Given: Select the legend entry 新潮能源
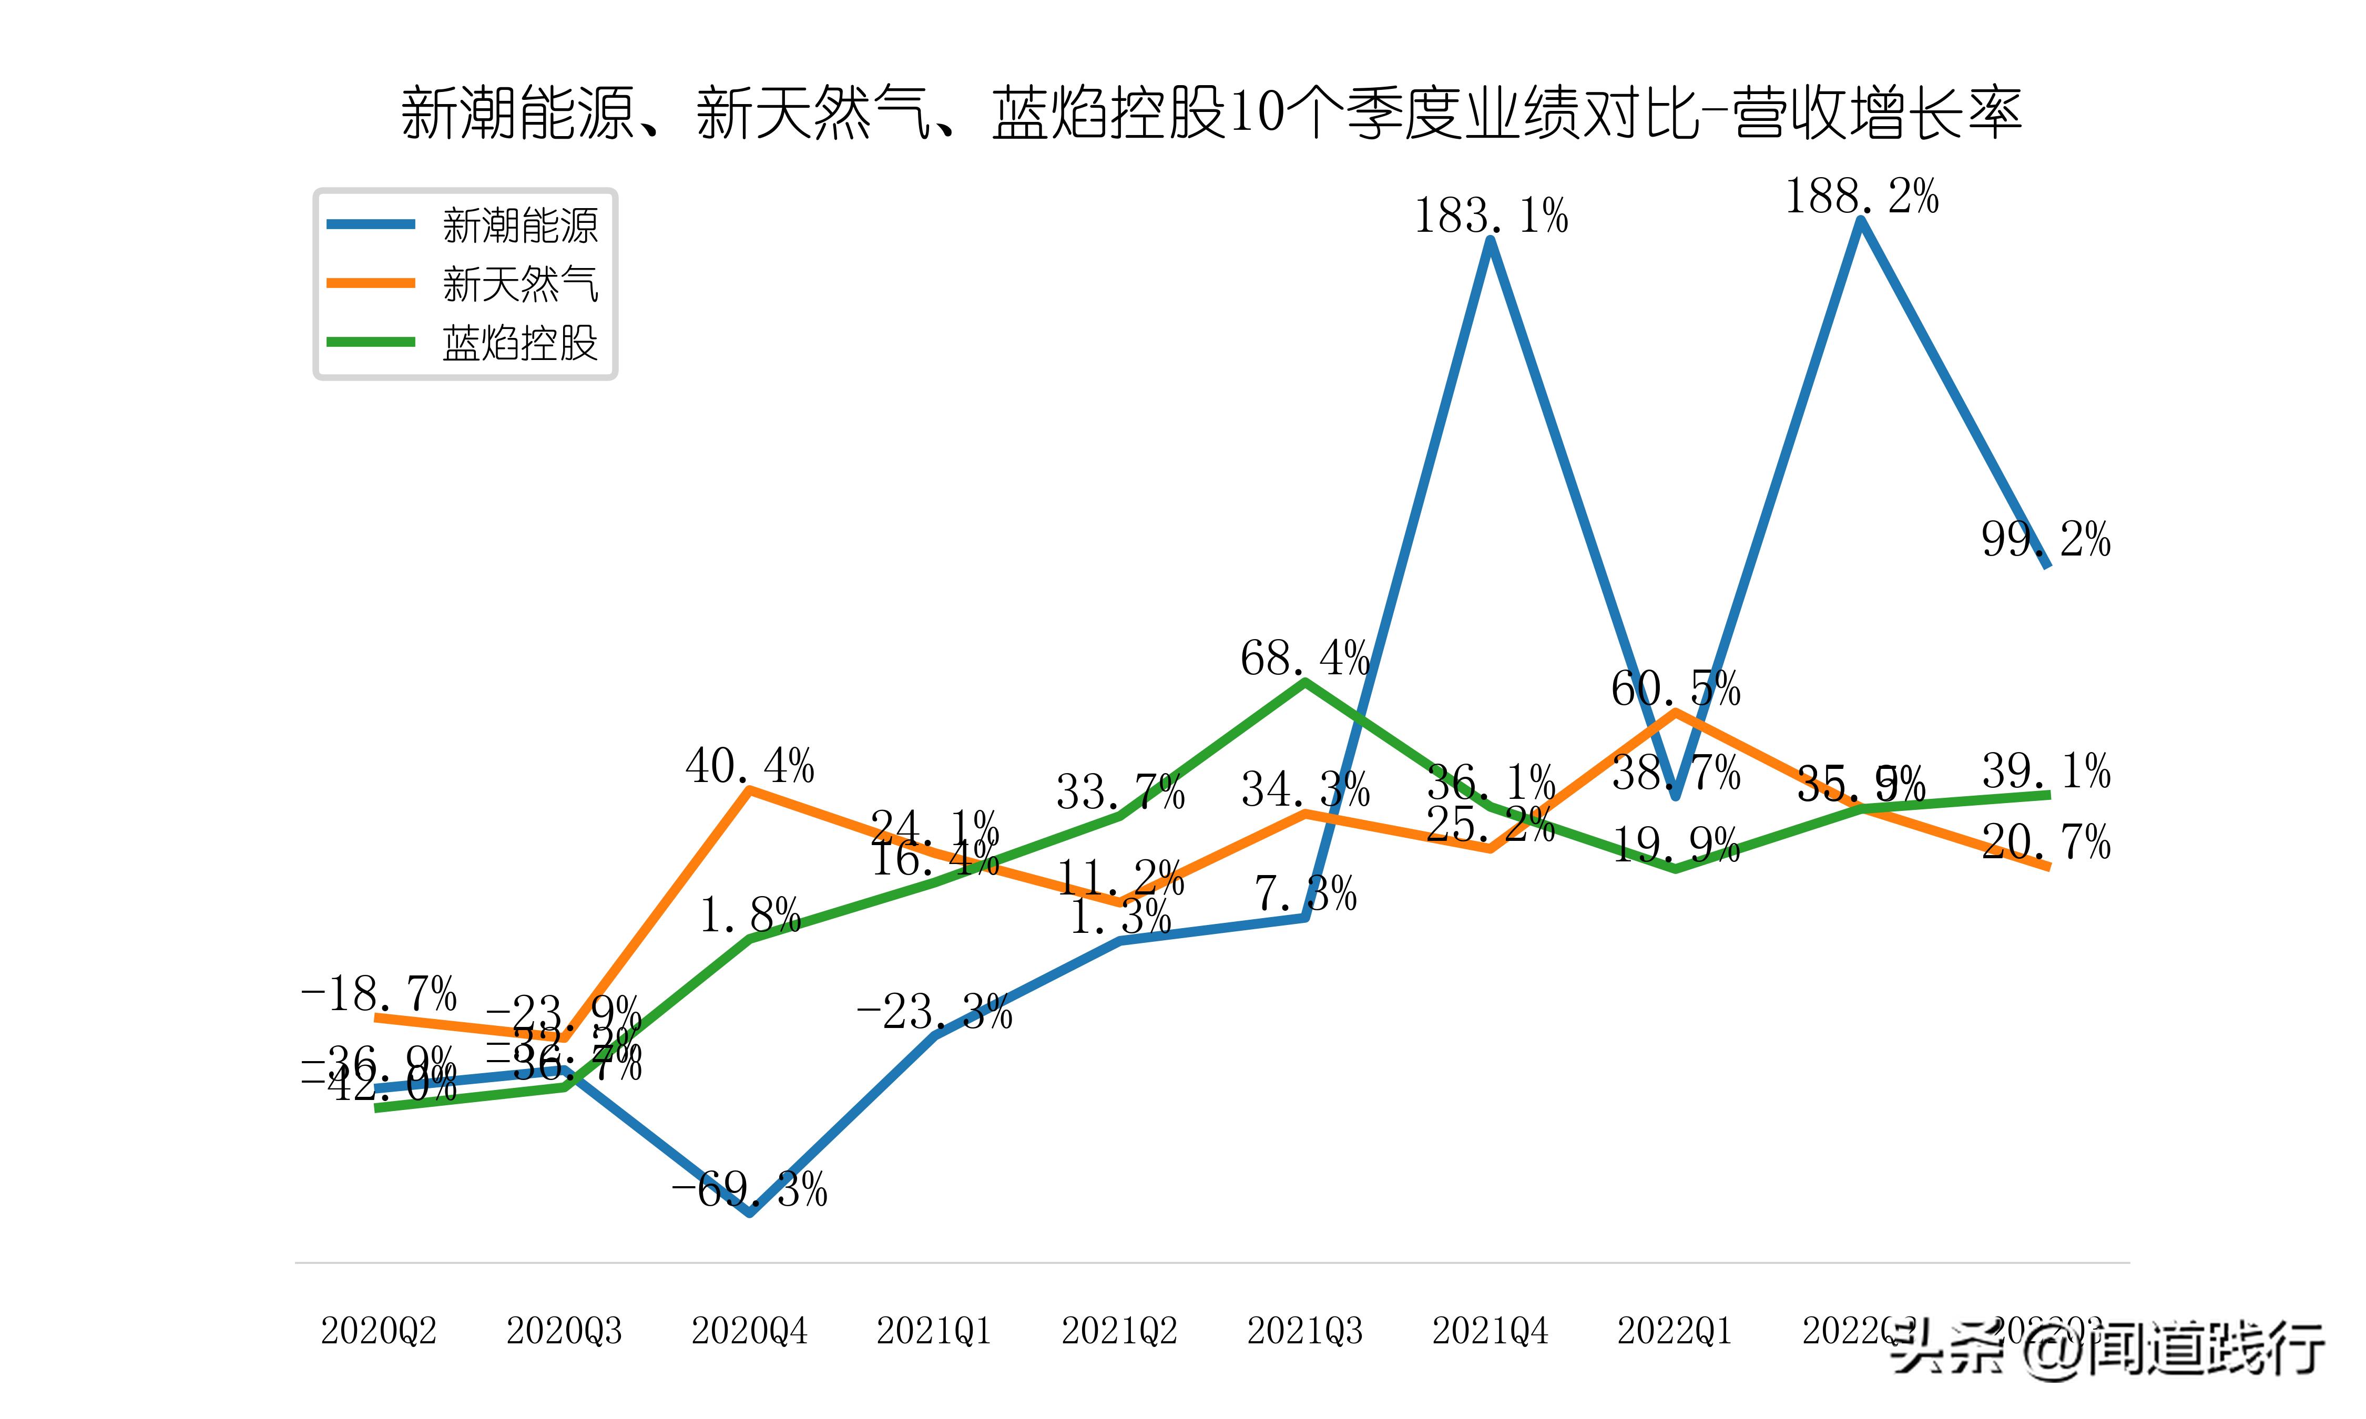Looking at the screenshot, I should pos(519,225).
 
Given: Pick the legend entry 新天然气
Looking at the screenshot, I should pos(519,284).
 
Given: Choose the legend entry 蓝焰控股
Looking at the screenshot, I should pos(519,342).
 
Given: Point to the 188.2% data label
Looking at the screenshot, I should pos(1861,197).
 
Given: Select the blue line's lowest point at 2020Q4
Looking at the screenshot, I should pos(751,1212).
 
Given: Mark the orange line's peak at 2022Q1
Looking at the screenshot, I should pos(1676,712).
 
